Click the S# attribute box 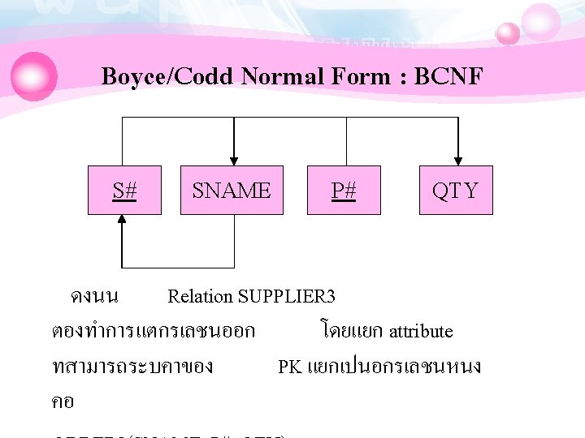[x=124, y=191]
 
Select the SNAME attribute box [x=232, y=191]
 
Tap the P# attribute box [x=344, y=191]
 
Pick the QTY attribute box [x=456, y=191]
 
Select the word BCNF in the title [x=448, y=77]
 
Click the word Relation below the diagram [x=200, y=297]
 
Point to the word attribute [x=421, y=332]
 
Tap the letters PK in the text [x=289, y=367]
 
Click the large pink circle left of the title [x=34, y=76]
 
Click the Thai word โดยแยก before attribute [x=353, y=332]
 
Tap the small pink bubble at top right [x=508, y=33]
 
